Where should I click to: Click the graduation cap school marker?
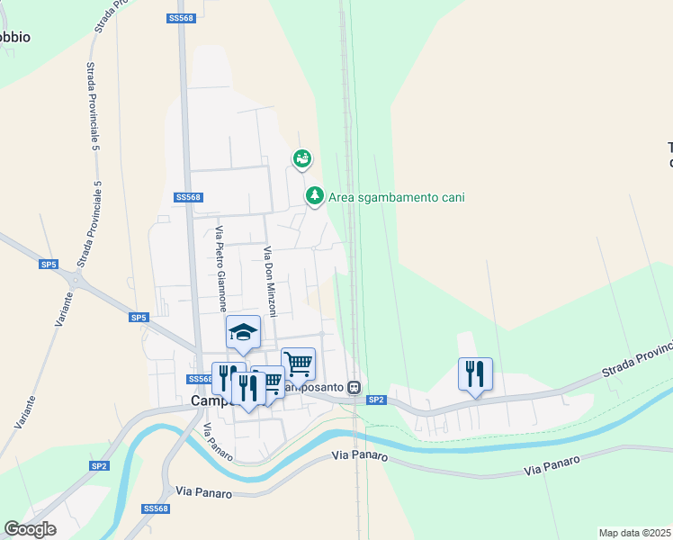243,333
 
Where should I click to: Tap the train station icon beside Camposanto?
354,388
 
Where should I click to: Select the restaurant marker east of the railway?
475,373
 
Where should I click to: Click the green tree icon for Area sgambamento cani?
314,194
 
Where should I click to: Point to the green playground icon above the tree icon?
302,159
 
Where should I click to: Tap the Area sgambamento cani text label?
396,197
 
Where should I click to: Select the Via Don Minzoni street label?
268,280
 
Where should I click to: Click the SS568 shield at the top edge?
181,18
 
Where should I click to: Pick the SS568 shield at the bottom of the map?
156,508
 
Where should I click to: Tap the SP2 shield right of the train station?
376,400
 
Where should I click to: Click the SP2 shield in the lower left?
99,465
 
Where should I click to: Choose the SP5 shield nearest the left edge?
49,265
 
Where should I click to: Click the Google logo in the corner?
31,528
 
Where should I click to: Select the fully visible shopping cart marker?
298,364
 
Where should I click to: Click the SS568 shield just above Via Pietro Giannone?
188,197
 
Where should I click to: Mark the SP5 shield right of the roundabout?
138,318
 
